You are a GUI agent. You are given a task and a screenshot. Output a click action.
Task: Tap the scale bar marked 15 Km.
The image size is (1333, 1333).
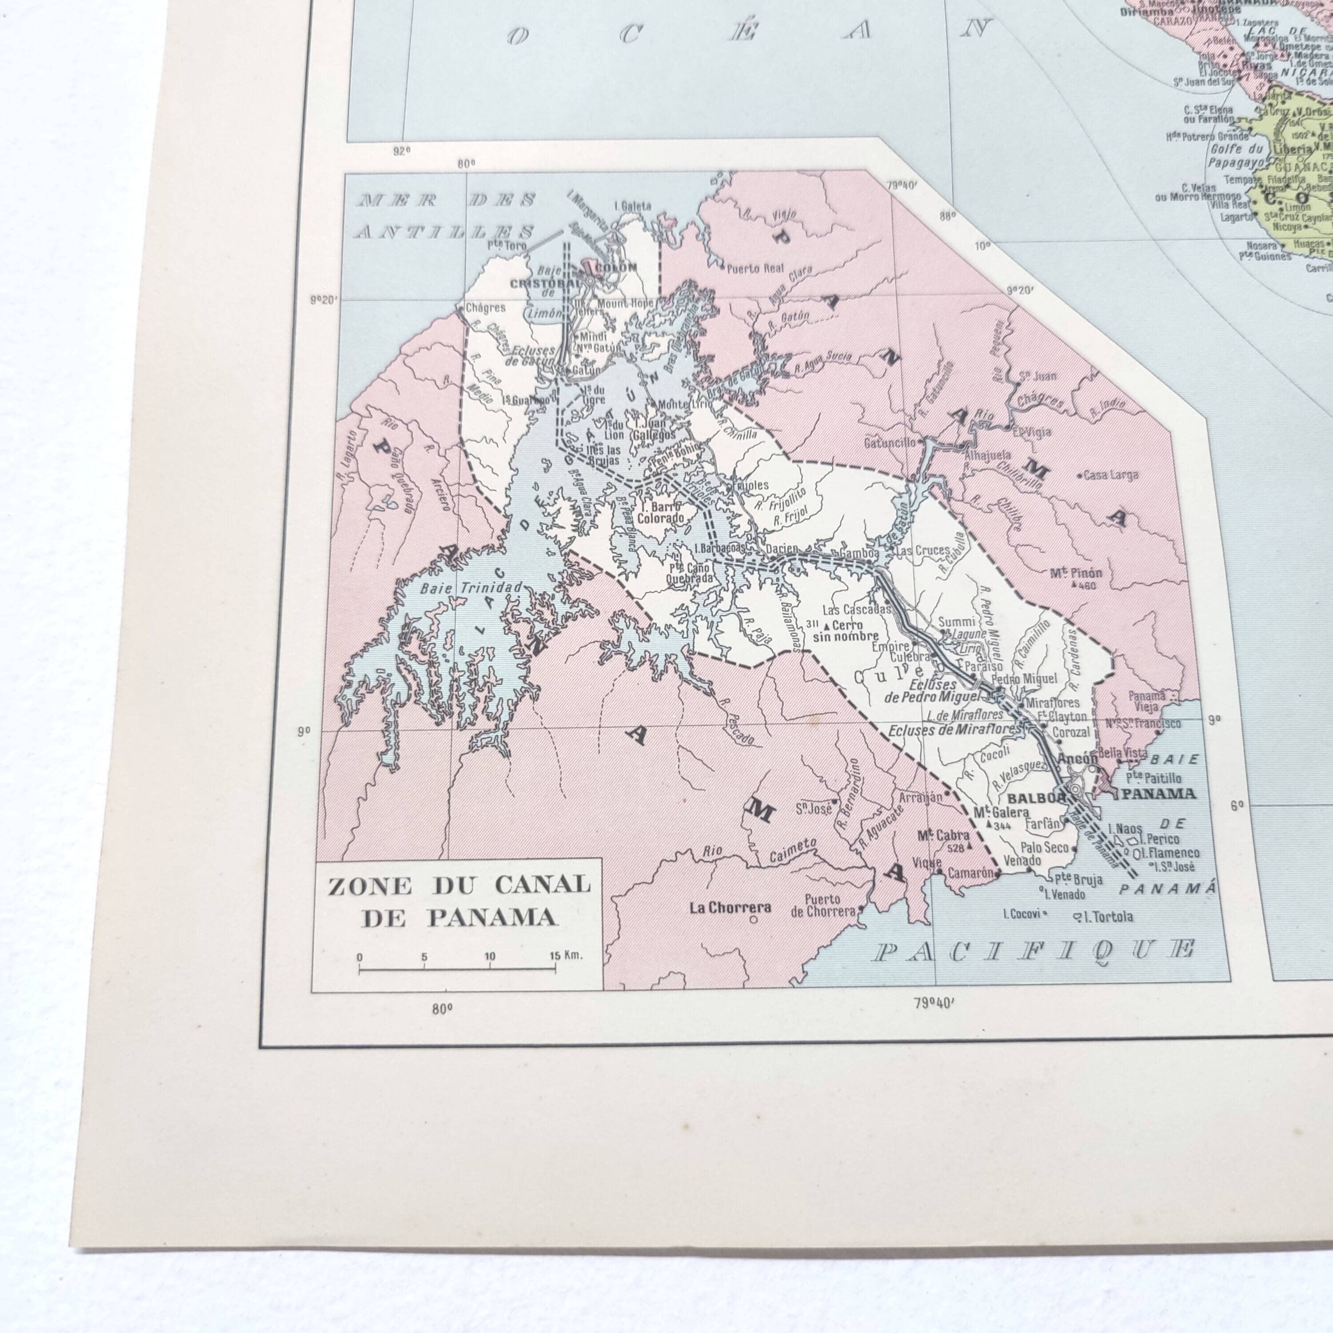click(457, 970)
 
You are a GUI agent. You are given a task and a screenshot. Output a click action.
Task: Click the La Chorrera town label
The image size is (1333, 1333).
click(730, 908)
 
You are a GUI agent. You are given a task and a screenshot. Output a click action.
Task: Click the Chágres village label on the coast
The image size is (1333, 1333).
click(486, 308)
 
